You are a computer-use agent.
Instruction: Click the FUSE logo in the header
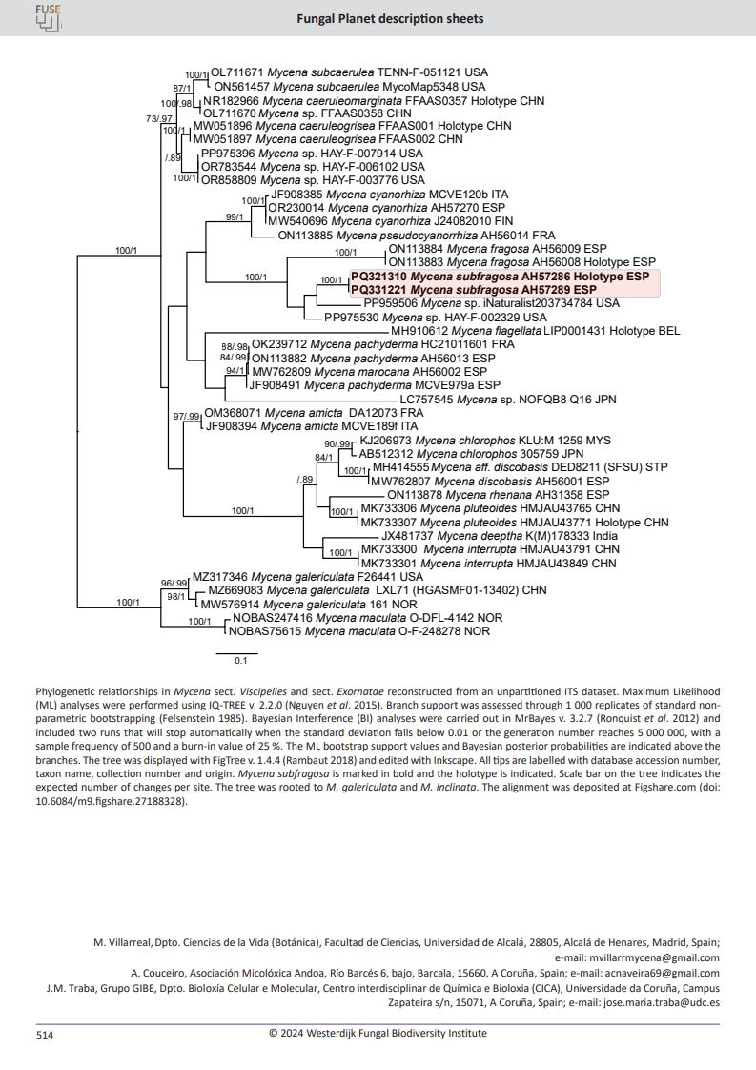(47, 16)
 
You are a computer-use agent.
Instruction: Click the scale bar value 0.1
(241, 659)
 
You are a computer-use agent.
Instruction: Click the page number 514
(45, 1033)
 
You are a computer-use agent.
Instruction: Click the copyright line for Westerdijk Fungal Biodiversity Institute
(378, 1032)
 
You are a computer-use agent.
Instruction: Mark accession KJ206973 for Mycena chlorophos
(385, 442)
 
